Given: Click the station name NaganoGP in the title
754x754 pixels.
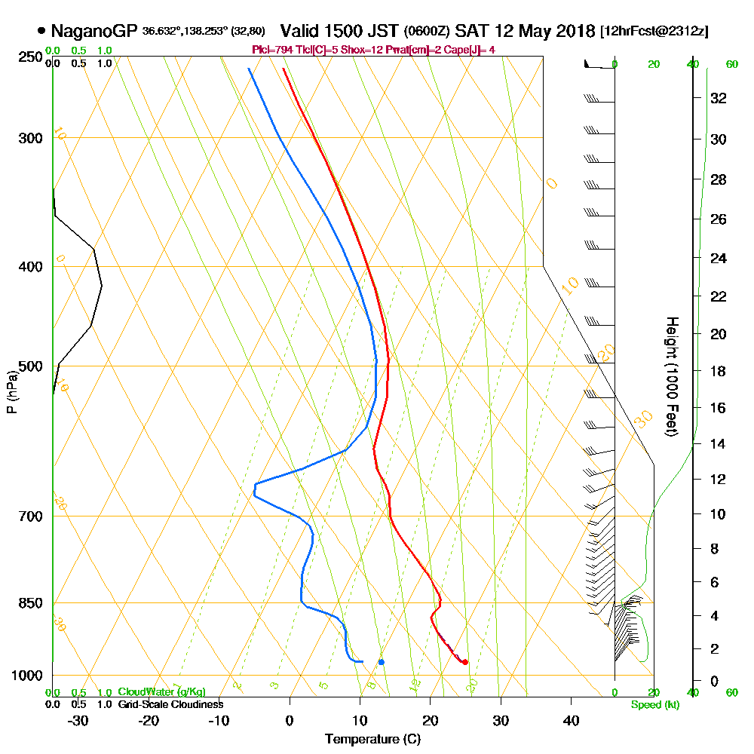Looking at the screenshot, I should (x=94, y=31).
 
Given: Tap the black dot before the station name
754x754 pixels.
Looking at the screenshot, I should (x=41, y=32).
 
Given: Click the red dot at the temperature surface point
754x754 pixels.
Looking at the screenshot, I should (x=464, y=662).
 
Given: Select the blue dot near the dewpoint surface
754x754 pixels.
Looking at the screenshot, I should (x=382, y=662).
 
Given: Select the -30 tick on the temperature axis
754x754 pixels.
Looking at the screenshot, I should (x=78, y=721).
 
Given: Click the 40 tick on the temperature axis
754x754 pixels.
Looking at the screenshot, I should (x=571, y=721).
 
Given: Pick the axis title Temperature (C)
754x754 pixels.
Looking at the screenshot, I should (x=372, y=740).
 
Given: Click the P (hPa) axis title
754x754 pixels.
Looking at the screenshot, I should (x=11, y=391).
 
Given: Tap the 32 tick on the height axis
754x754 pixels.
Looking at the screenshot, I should (x=718, y=98).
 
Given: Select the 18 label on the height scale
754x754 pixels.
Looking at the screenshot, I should (x=718, y=371).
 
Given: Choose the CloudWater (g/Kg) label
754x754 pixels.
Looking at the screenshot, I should (x=161, y=692).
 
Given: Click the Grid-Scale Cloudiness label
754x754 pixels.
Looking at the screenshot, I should (x=170, y=704).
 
